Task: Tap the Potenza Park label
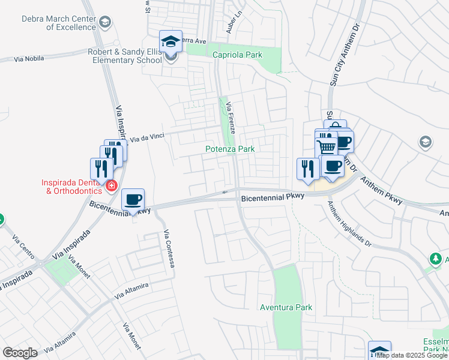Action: [x=230, y=149]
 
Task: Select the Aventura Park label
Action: [x=286, y=307]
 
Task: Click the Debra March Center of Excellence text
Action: [x=58, y=23]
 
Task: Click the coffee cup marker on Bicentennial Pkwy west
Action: [x=133, y=200]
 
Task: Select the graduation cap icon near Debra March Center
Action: [x=106, y=23]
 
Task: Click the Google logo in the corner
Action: [x=20, y=353]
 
